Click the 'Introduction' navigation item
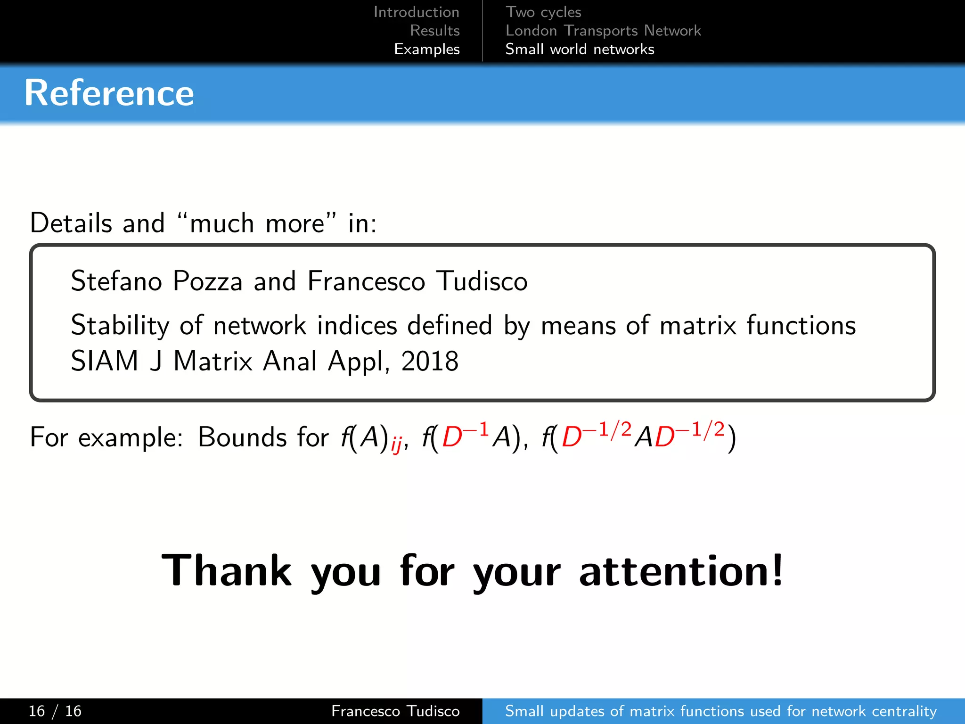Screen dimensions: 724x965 [x=416, y=12]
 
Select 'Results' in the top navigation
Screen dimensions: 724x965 [x=434, y=31]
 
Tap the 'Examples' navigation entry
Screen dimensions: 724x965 [x=426, y=49]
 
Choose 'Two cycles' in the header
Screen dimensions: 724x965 [x=543, y=12]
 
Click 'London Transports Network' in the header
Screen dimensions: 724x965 [x=603, y=31]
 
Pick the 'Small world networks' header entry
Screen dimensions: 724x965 [x=580, y=49]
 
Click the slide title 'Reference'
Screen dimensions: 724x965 [x=109, y=93]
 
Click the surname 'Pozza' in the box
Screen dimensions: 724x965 [x=208, y=281]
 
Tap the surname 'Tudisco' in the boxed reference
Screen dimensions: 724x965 [x=482, y=281]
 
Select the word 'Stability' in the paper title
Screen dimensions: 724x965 [x=120, y=326]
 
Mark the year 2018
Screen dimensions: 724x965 [x=430, y=362]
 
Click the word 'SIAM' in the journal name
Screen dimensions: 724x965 [x=105, y=362]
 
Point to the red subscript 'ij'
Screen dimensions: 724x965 [x=396, y=444]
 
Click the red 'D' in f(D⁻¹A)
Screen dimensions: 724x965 [x=452, y=437]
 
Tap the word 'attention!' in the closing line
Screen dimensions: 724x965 [x=681, y=571]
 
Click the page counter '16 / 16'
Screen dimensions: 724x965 [x=55, y=711]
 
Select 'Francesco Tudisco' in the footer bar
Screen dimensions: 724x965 [x=395, y=711]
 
